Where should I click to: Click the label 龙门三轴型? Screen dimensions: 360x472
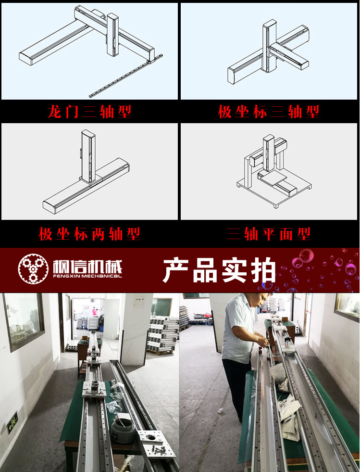[x=89, y=112]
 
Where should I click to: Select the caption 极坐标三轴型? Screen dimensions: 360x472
[x=269, y=112]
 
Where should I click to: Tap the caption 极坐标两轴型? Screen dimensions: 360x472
[x=89, y=234]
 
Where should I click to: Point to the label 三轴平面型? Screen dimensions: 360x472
[x=269, y=234]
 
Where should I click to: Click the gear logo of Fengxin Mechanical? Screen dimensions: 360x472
[x=33, y=269]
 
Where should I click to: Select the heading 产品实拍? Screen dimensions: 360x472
[x=219, y=270]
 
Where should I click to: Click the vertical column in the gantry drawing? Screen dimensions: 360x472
[x=113, y=35]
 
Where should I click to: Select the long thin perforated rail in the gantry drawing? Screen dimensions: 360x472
[x=126, y=76]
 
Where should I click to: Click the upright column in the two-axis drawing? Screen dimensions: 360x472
[x=88, y=156]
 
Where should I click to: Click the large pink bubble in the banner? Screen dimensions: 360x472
[x=306, y=256]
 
